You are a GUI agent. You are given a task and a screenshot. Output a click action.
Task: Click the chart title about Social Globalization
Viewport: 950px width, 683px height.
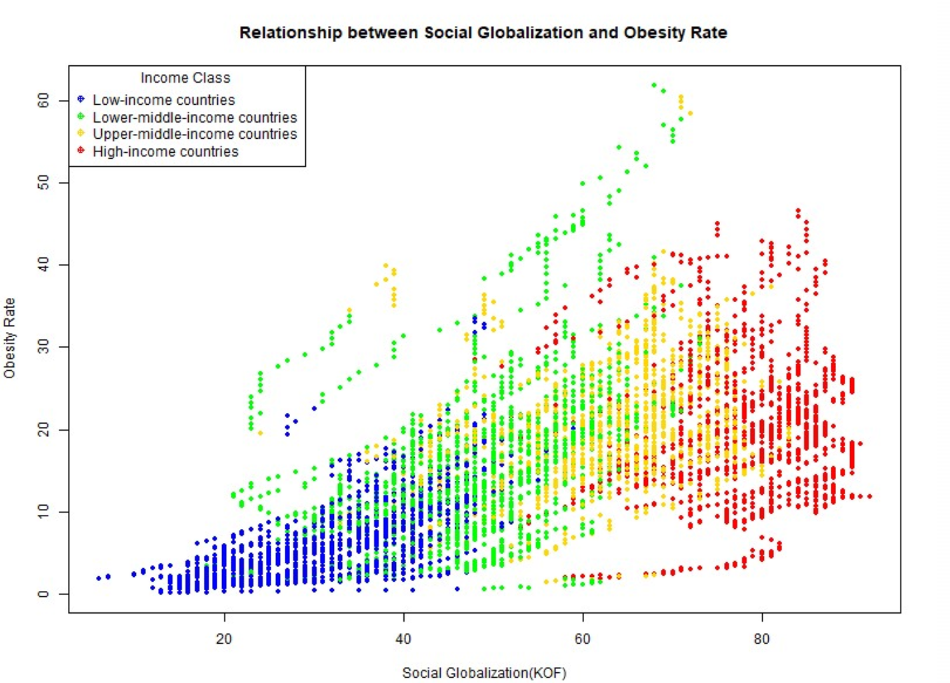click(x=483, y=33)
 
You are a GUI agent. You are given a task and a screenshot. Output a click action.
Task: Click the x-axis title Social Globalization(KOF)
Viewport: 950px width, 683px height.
click(x=484, y=672)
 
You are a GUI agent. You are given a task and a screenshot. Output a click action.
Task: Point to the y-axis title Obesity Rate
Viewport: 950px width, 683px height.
click(x=9, y=338)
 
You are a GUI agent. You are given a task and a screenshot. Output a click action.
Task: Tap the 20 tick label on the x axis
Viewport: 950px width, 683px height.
click(x=224, y=639)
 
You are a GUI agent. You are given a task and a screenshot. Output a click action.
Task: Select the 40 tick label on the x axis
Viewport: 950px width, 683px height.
click(x=403, y=639)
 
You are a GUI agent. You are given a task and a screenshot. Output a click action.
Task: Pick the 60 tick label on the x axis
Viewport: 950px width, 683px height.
click(x=583, y=639)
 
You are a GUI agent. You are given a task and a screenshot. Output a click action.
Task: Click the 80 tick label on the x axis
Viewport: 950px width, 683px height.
click(x=761, y=639)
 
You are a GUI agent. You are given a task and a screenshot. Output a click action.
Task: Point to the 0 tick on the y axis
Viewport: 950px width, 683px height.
click(x=43, y=594)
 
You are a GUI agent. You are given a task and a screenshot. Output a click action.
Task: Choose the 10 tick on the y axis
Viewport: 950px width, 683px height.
click(x=43, y=512)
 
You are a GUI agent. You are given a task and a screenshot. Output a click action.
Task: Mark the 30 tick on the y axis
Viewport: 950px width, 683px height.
click(x=43, y=347)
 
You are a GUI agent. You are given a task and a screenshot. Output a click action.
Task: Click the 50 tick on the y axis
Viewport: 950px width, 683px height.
click(x=43, y=183)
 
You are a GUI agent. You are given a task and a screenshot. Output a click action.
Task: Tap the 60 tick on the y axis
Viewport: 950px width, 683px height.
click(x=43, y=101)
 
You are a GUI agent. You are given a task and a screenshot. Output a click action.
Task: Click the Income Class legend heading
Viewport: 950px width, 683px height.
click(x=185, y=78)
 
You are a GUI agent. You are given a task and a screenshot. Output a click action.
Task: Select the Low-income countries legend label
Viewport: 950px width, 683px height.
click(x=163, y=100)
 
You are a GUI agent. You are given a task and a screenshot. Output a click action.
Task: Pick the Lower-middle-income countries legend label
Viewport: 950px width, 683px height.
click(x=195, y=117)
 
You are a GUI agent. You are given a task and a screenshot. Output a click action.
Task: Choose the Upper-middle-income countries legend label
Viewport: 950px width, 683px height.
click(x=195, y=134)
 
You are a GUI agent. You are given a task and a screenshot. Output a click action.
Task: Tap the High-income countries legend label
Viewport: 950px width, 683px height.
click(x=165, y=151)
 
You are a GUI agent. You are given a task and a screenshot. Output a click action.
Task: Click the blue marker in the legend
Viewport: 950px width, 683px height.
click(x=81, y=99)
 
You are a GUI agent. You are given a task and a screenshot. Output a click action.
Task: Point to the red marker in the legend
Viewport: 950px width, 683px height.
click(x=81, y=151)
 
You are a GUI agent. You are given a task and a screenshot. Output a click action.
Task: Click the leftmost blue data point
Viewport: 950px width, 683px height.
click(x=99, y=578)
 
